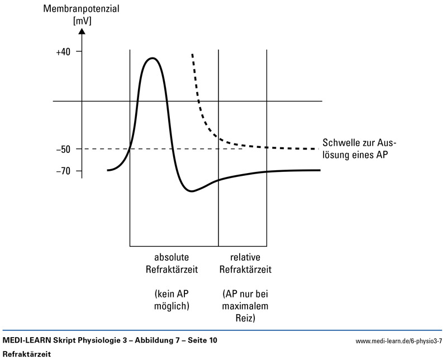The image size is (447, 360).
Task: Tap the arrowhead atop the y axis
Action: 82,30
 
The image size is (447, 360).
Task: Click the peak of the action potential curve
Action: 151,58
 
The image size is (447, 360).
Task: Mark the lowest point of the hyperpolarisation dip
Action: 192,191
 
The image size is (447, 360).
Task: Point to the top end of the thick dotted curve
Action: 192,55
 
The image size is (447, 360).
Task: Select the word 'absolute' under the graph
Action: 172,257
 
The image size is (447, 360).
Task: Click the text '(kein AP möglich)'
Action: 172,300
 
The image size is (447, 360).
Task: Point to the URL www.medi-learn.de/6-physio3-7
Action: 398,340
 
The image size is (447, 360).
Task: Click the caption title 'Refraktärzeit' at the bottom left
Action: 27,353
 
